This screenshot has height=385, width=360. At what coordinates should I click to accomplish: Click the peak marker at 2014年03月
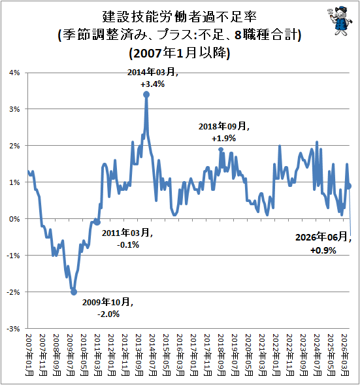point(146,95)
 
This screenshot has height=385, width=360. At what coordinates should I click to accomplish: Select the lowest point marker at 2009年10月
point(74,292)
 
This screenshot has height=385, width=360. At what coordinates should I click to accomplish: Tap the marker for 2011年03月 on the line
point(97,222)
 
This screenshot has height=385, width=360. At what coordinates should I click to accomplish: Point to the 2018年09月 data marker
point(221,149)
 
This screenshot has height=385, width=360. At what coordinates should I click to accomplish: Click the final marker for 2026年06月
point(349,186)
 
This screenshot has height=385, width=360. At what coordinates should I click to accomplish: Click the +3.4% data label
point(152,84)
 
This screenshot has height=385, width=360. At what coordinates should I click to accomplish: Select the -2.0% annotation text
point(108,314)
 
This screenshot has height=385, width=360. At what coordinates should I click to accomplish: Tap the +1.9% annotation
point(224,138)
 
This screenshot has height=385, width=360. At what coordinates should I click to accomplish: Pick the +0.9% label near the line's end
point(323,250)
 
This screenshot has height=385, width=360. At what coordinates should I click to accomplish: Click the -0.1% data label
point(128,245)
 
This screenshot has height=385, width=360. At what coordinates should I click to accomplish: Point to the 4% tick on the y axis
point(14,73)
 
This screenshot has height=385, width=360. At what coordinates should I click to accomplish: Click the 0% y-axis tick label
point(14,219)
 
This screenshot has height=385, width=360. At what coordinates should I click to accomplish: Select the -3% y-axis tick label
point(13,329)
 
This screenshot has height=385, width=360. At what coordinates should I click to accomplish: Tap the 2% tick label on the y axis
point(14,146)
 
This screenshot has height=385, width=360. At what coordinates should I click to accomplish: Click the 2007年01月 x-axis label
point(29,355)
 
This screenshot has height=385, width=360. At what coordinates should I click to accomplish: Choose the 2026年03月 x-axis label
point(346,355)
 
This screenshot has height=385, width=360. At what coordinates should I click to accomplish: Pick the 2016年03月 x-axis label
point(180,355)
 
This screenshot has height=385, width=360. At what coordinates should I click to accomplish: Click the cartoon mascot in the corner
point(340,21)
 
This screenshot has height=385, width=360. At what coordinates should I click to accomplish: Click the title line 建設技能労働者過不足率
point(180,17)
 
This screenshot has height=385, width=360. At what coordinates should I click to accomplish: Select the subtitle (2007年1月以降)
point(180,53)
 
